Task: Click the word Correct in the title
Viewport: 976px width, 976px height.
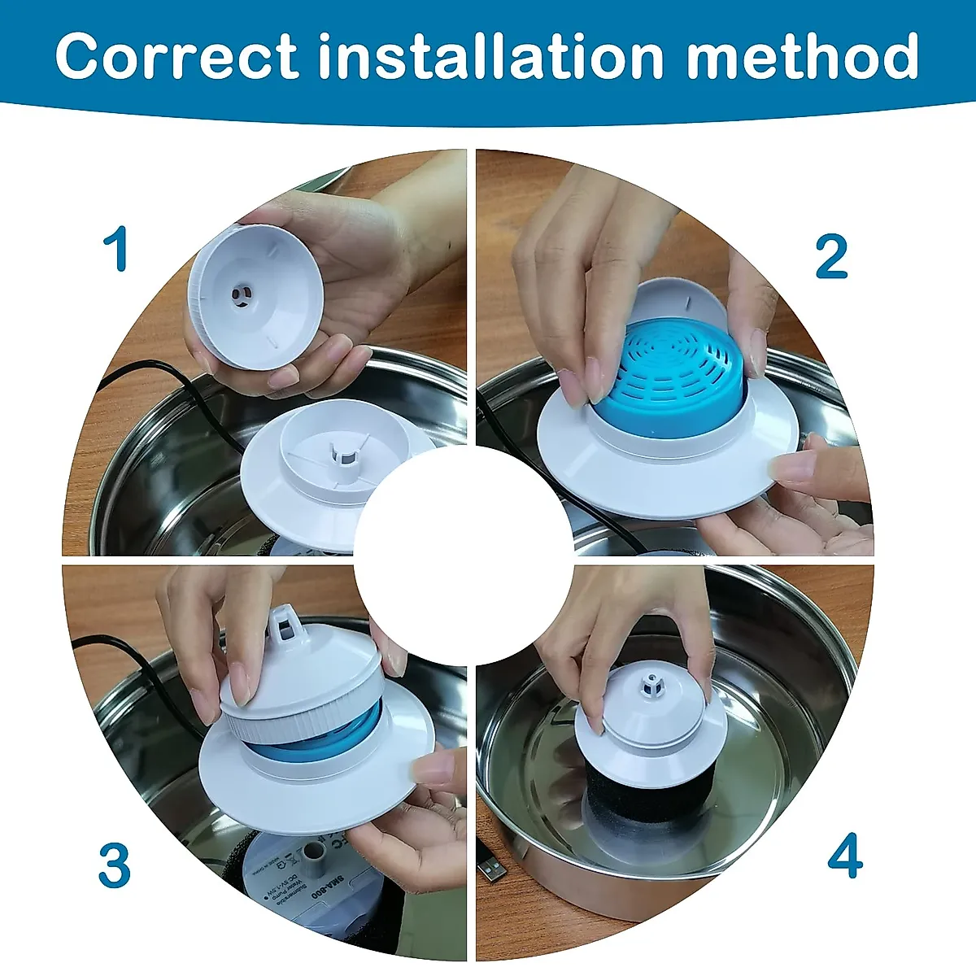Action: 176,56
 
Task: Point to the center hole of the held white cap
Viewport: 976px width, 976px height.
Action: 241,295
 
